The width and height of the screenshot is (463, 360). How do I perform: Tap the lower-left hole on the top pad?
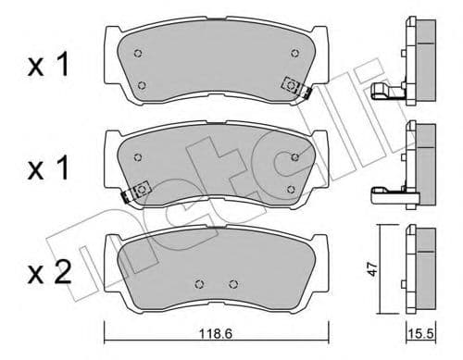pos(142,86)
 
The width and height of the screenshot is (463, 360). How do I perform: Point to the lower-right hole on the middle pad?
pos(291,190)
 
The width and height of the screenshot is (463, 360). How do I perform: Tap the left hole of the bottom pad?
pos(199,285)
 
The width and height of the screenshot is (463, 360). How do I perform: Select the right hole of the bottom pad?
pos(230,285)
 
